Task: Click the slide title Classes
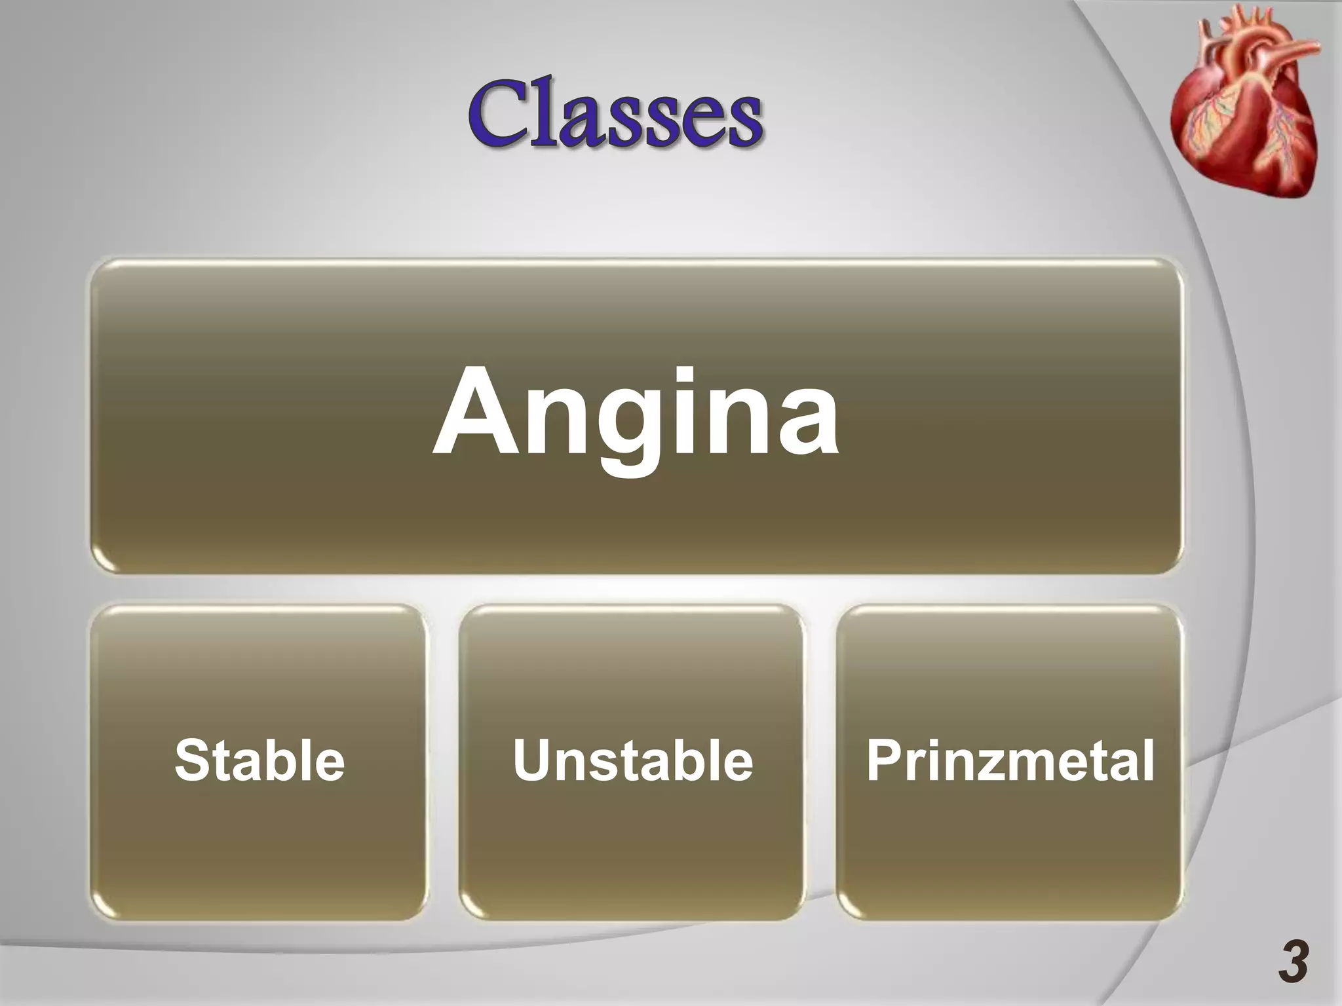coord(615,113)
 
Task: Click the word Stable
coord(259,760)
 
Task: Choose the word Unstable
coord(632,760)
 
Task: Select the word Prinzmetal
coord(1010,760)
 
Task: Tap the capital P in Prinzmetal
coord(885,760)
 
